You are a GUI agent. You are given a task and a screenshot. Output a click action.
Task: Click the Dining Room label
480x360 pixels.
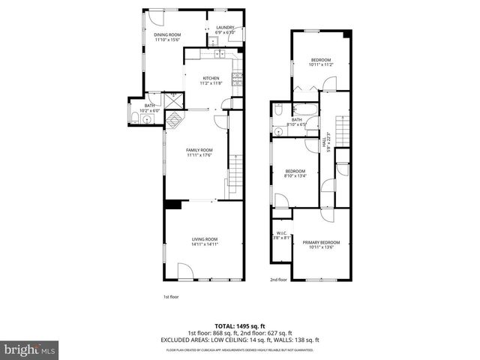(167, 37)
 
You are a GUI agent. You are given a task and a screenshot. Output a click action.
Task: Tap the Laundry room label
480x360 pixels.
(225, 31)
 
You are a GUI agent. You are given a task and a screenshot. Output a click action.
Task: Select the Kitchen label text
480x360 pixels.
(211, 79)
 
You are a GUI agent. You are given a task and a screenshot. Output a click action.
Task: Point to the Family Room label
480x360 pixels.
(199, 152)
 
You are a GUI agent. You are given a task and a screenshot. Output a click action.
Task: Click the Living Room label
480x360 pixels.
(204, 241)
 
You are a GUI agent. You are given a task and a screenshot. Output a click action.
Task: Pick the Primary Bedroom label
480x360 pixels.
(321, 244)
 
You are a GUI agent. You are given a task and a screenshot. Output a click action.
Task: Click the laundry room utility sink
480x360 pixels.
(212, 43)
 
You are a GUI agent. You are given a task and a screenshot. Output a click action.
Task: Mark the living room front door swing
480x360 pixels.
(184, 272)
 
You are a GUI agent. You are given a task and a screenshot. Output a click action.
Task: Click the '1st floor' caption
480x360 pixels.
(170, 296)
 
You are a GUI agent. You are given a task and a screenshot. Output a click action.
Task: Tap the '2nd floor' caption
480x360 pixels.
(278, 280)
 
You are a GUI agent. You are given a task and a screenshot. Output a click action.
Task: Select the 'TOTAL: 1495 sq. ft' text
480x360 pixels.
(239, 326)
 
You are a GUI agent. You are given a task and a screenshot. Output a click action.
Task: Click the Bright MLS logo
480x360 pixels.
(30, 349)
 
